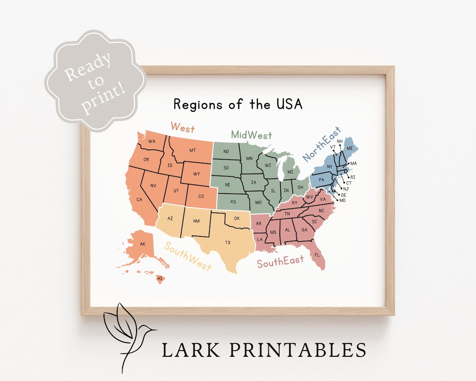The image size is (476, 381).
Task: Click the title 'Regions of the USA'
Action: (238, 105)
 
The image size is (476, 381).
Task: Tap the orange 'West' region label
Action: (182, 128)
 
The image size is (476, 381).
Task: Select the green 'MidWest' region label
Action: (251, 135)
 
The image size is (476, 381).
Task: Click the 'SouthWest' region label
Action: (188, 255)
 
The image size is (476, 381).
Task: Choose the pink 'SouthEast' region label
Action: (280, 262)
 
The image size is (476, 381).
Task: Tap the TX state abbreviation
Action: (228, 243)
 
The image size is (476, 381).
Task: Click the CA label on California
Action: (139, 200)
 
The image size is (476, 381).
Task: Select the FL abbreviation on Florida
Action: (316, 255)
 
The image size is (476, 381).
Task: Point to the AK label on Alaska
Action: (142, 244)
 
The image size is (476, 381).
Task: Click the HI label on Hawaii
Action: (160, 278)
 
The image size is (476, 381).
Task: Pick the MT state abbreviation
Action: (193, 150)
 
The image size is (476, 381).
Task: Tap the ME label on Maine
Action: (350, 148)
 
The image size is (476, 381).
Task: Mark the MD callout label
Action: (342, 201)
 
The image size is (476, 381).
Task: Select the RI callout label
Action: (353, 177)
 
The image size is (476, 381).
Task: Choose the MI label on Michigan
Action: (290, 172)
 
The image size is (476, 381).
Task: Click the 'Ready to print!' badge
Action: (94, 81)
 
